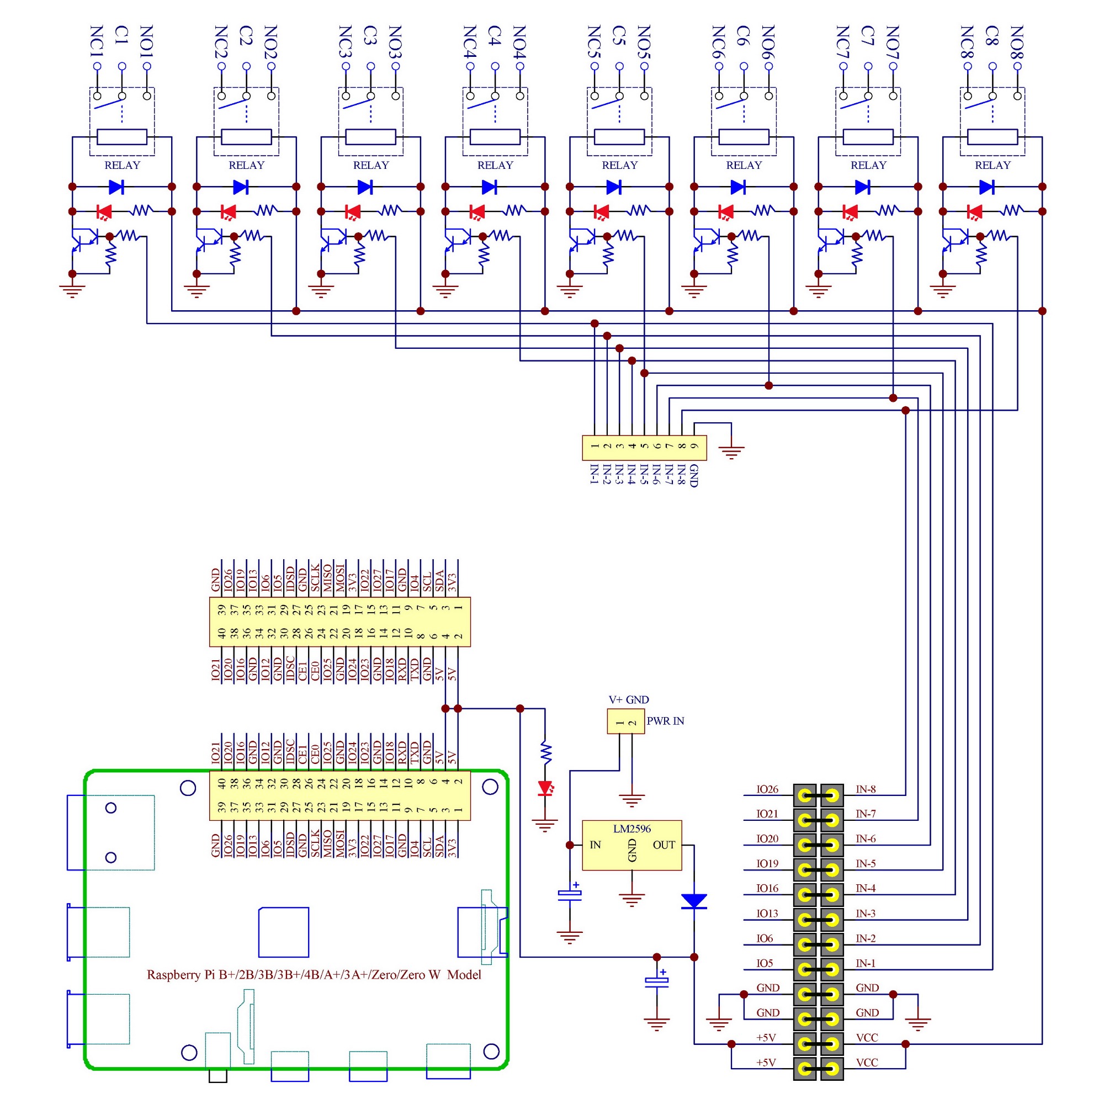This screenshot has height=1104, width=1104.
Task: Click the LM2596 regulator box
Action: pyautogui.click(x=631, y=845)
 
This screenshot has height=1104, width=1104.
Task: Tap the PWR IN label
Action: pyautogui.click(x=665, y=721)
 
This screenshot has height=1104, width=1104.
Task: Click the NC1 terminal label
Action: pyautogui.click(x=97, y=41)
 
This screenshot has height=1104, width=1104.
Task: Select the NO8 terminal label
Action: pyautogui.click(x=1017, y=42)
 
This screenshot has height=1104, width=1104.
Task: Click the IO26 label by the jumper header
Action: pyautogui.click(x=767, y=789)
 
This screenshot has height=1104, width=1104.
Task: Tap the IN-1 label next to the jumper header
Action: pyautogui.click(x=865, y=963)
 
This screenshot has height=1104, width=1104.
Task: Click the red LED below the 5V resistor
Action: pyautogui.click(x=545, y=789)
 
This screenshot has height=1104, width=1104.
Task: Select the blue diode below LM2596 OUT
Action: pyautogui.click(x=694, y=902)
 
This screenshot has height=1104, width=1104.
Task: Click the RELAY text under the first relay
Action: pyautogui.click(x=123, y=165)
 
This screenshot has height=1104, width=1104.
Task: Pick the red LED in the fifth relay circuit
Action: pyautogui.click(x=601, y=211)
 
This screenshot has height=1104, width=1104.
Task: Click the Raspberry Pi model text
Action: pyautogui.click(x=314, y=974)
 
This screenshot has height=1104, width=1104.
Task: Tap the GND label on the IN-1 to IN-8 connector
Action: pyautogui.click(x=694, y=475)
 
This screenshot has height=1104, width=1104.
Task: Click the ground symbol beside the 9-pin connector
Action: pyautogui.click(x=731, y=452)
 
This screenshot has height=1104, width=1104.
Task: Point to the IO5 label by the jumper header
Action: pyautogui.click(x=765, y=963)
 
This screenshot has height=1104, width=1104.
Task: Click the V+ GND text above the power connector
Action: pyautogui.click(x=629, y=699)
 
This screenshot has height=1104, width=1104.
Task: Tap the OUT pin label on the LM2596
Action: pyautogui.click(x=664, y=845)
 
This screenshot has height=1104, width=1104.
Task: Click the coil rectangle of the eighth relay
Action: pyautogui.click(x=992, y=137)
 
